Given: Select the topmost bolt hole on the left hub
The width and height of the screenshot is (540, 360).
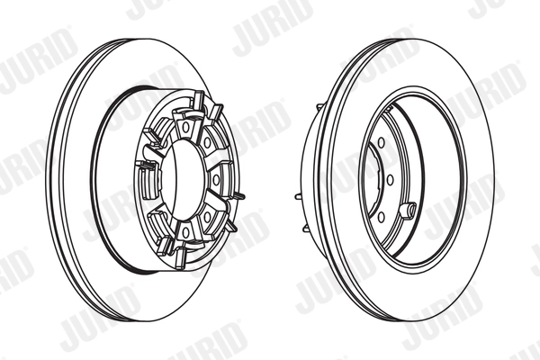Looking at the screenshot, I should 184,127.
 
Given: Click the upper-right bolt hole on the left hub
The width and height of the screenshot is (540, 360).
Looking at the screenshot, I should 207,142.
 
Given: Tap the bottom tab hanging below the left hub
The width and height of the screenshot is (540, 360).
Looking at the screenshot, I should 181,256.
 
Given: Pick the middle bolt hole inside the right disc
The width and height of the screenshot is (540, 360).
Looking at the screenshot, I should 390,179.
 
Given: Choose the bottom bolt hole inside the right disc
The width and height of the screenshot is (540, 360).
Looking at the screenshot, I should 381,216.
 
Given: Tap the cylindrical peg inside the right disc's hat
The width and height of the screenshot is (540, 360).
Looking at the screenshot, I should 408,211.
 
